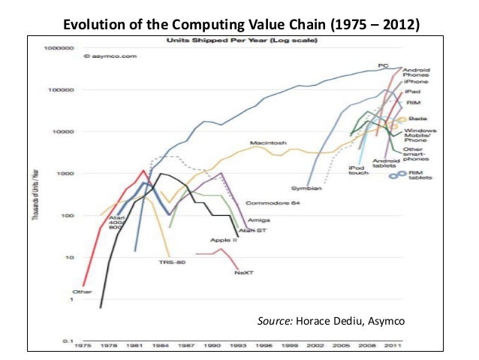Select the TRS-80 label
[x=169, y=262]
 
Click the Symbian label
[x=306, y=188]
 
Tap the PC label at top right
[x=383, y=66]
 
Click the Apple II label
[x=224, y=239]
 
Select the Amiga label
[x=258, y=219]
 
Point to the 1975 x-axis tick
[x=83, y=347]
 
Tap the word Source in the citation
[x=273, y=322]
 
